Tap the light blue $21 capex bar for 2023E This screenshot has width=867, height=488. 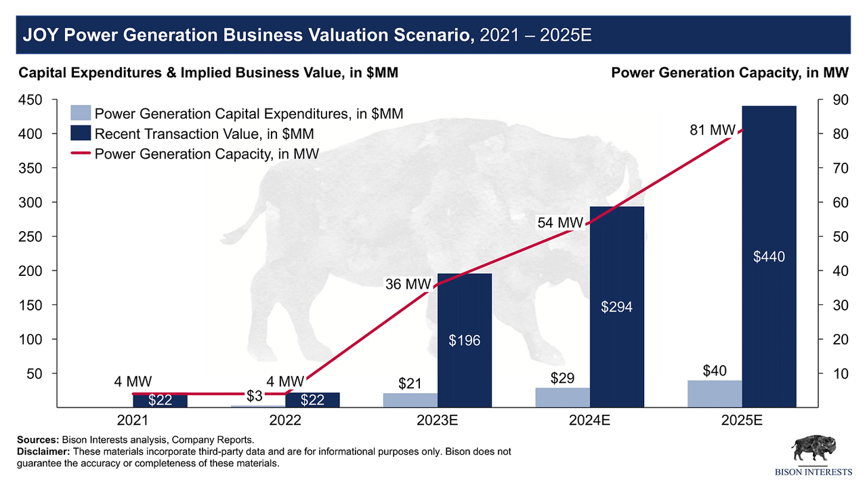[x=410, y=400]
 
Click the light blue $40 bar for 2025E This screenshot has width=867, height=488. [x=715, y=394]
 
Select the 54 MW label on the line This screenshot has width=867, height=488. [x=560, y=222]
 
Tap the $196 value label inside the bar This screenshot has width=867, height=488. [x=465, y=340]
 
